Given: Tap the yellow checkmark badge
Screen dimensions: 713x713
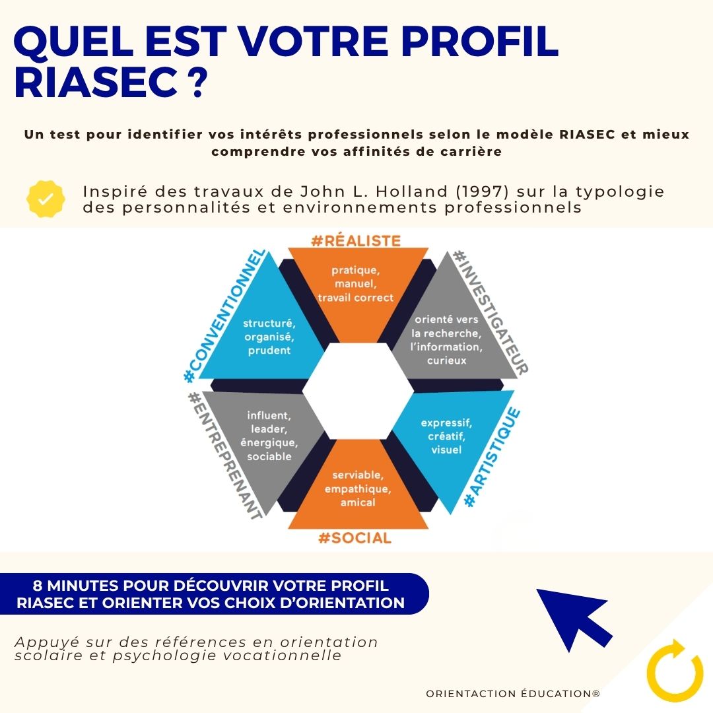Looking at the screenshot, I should click(46, 199).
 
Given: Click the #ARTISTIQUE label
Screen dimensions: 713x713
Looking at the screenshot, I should click(492, 458).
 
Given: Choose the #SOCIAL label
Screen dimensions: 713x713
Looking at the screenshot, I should click(355, 538).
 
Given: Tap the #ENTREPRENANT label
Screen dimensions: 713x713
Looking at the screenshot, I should click(224, 456).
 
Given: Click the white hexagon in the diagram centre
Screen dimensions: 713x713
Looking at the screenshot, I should click(357, 390).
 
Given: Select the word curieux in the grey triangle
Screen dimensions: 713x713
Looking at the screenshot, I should click(446, 360).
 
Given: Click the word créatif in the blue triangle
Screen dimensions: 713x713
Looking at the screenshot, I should click(446, 436).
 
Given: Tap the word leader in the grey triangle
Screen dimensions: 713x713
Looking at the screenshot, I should click(268, 429).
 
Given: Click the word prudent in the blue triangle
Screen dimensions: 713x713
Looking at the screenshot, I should click(269, 351).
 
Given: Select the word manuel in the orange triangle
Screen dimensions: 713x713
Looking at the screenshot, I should click(355, 284).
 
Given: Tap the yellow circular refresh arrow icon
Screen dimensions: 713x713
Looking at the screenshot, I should click(674, 669).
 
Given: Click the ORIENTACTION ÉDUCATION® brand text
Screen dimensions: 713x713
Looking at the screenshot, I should click(513, 694).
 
